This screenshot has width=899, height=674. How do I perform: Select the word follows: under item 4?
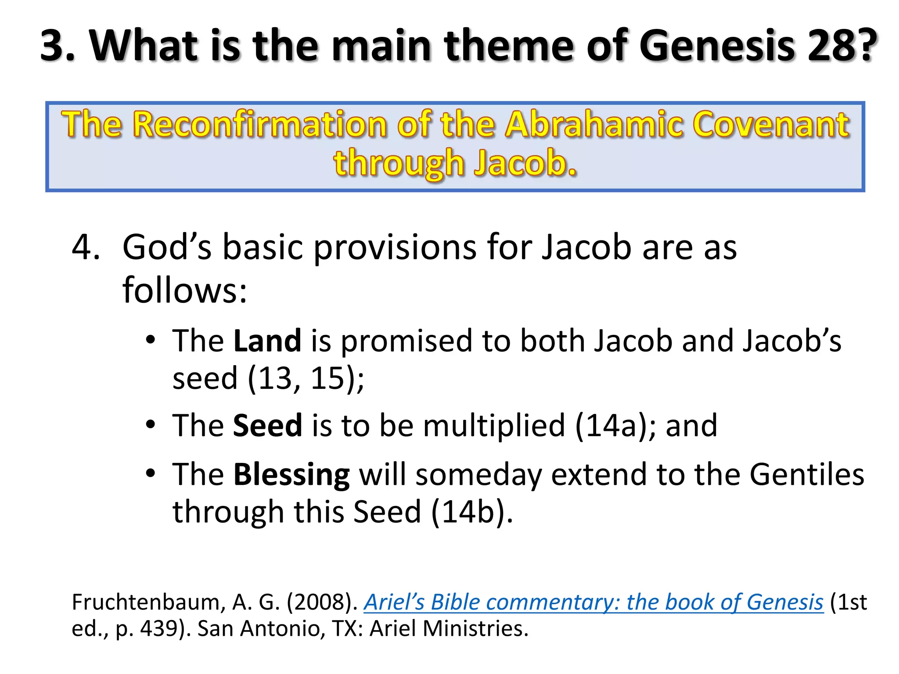coord(184,290)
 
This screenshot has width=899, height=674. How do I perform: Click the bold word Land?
coord(267,341)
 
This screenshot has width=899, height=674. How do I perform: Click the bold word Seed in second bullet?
coord(267,426)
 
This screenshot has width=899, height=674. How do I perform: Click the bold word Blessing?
coord(291,475)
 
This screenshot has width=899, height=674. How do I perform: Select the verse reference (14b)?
coord(472,512)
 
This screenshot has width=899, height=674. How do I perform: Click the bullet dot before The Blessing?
coord(151,474)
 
